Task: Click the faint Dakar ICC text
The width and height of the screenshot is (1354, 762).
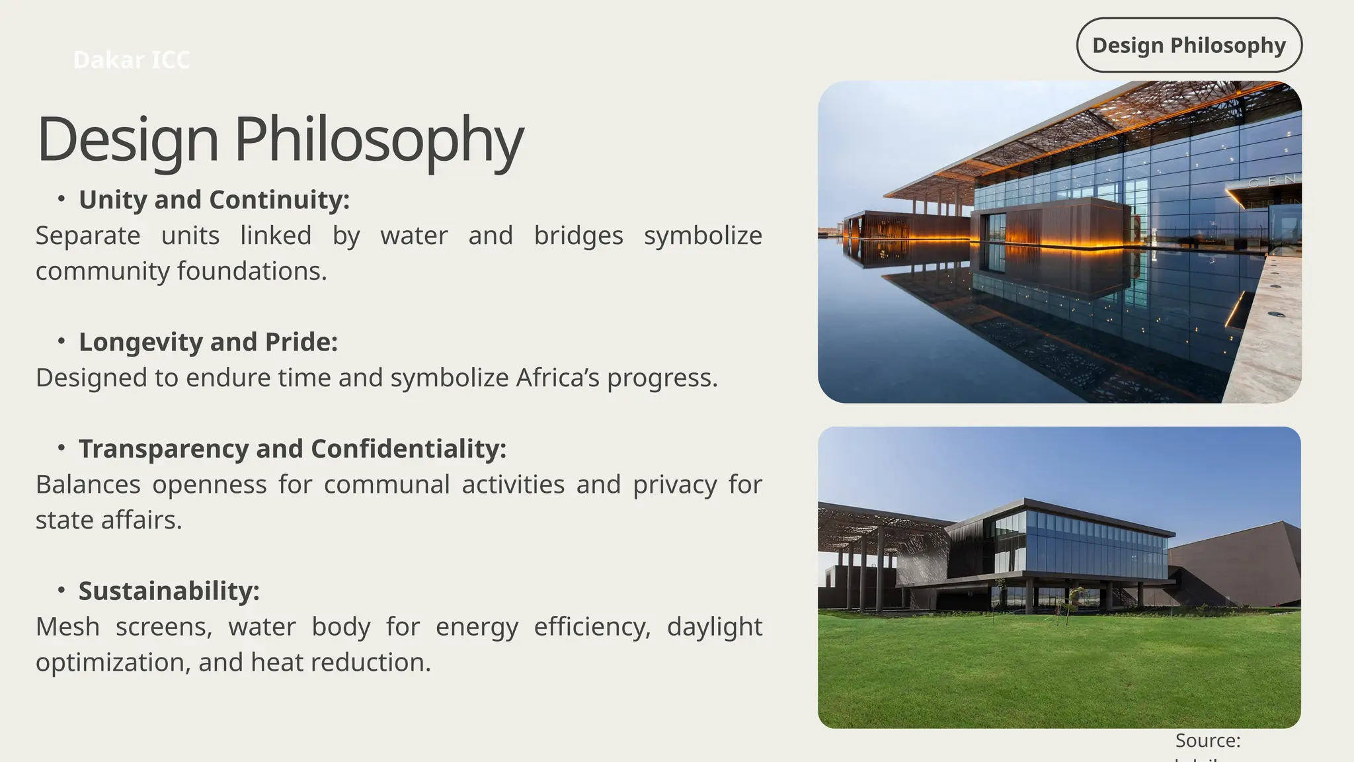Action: coord(131,60)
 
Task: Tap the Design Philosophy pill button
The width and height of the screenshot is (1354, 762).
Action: coord(1189,45)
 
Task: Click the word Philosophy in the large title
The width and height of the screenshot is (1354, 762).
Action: coord(379,140)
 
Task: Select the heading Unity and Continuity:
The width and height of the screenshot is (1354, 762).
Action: coord(214,200)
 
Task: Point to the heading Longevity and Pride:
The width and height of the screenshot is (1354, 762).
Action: coord(208,342)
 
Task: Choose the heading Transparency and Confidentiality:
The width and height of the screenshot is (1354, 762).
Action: coord(292,448)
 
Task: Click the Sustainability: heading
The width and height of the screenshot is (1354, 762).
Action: coord(169,591)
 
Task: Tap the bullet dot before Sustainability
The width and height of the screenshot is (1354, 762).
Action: coord(61,589)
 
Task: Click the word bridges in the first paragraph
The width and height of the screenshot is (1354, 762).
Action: coord(578,235)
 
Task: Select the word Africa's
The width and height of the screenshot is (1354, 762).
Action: coord(558,378)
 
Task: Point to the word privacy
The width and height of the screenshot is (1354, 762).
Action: coord(674,484)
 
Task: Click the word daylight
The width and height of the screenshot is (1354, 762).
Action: coord(714,626)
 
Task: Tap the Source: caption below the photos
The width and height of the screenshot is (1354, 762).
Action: coord(1207,740)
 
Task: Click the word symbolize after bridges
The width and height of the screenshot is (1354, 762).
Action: coord(703,235)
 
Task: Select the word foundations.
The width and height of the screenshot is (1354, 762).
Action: coord(252,271)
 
